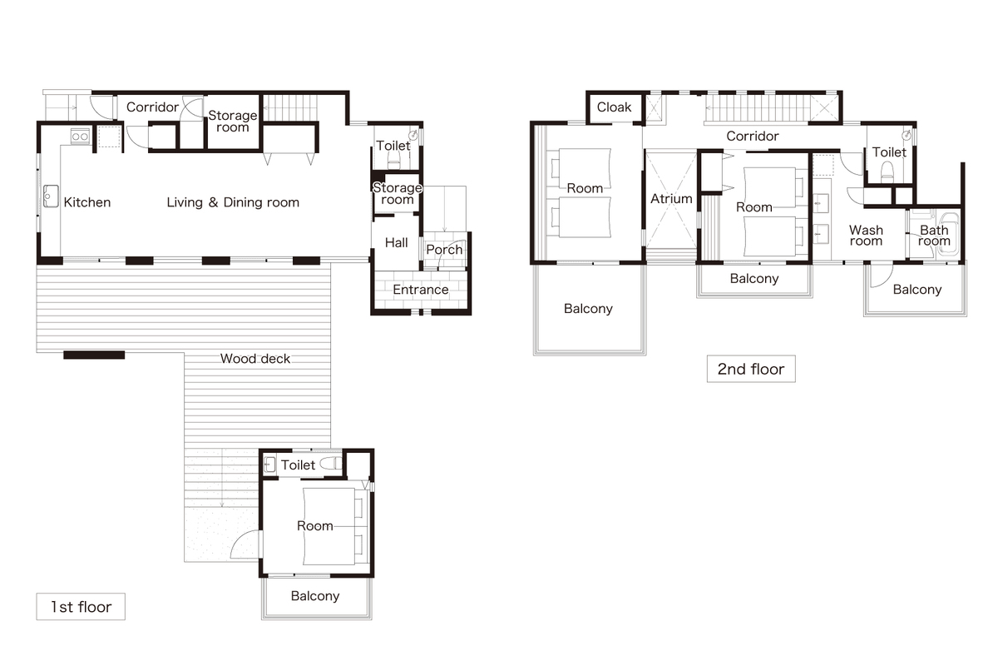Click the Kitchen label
[x=86, y=202]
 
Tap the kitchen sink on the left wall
[x=51, y=196]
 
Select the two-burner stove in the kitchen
[x=80, y=137]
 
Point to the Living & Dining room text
[x=233, y=202]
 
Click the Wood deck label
[x=255, y=359]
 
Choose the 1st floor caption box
[x=81, y=607]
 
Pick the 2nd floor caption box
[x=751, y=369]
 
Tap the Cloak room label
[x=614, y=107]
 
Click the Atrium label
[x=671, y=198]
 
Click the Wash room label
[x=866, y=236]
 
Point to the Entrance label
[x=421, y=290]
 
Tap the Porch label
[x=444, y=250]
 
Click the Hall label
[x=396, y=242]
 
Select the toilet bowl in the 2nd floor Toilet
[x=887, y=171]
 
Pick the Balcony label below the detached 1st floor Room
[x=315, y=596]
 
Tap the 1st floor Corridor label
[x=152, y=107]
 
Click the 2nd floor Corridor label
[x=753, y=136]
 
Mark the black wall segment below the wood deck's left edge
[x=94, y=355]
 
